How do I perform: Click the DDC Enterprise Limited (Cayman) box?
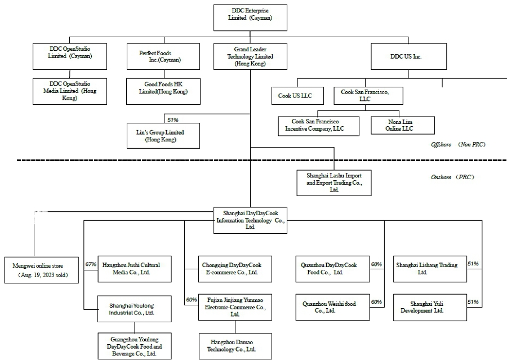250,17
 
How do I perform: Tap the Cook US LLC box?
299,96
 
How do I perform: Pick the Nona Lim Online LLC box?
402,125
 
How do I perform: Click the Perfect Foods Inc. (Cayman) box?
163,57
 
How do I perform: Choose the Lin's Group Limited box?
163,136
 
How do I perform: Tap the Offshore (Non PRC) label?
458,145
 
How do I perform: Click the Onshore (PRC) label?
452,177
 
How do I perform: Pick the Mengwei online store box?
41,269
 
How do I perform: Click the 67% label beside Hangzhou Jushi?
90,264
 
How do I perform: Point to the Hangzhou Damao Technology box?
235,346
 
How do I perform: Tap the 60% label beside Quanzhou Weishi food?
376,303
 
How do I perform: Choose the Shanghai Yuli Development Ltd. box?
430,307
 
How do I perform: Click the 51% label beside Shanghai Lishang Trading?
473,264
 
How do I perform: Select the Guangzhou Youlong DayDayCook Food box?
134,346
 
